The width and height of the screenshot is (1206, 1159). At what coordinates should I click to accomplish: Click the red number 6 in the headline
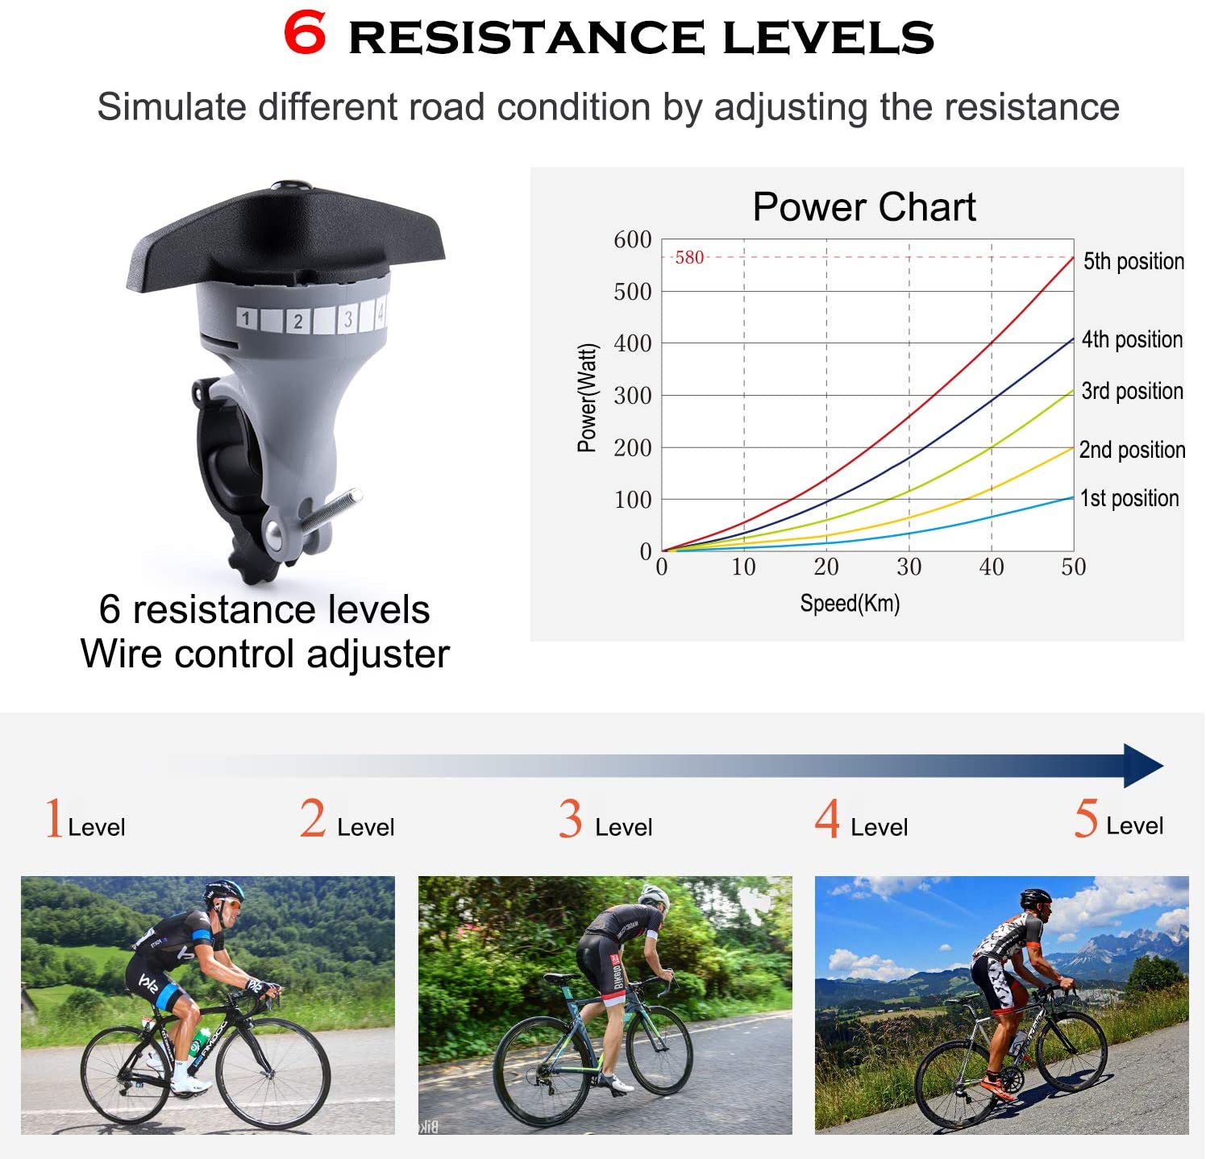point(306,34)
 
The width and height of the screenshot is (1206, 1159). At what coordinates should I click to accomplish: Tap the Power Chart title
point(864,207)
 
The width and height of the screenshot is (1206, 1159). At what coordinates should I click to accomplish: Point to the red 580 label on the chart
point(689,257)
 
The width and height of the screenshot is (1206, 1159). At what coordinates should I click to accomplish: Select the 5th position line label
point(1133,261)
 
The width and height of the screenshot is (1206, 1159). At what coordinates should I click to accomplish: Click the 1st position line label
point(1129,498)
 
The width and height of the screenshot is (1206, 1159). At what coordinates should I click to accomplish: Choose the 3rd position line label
point(1132,391)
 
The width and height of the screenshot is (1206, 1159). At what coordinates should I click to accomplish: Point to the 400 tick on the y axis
point(633,343)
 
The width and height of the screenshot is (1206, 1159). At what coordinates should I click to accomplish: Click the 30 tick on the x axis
point(909,567)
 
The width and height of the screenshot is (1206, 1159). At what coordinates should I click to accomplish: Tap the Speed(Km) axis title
point(850,603)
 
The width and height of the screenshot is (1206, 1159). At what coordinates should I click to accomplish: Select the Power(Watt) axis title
point(587,397)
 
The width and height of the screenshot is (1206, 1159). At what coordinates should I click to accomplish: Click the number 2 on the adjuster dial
point(297,321)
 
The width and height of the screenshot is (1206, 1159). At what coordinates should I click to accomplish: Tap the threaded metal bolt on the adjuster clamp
point(331,511)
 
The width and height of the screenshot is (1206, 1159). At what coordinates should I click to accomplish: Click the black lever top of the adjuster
point(285,234)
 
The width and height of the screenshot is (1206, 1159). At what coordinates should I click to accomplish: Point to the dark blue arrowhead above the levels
point(1143,766)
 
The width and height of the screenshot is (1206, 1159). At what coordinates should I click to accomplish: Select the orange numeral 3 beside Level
point(570,819)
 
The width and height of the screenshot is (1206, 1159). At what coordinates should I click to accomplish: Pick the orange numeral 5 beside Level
point(1086,818)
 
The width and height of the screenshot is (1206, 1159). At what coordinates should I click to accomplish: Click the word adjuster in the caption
point(378,654)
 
